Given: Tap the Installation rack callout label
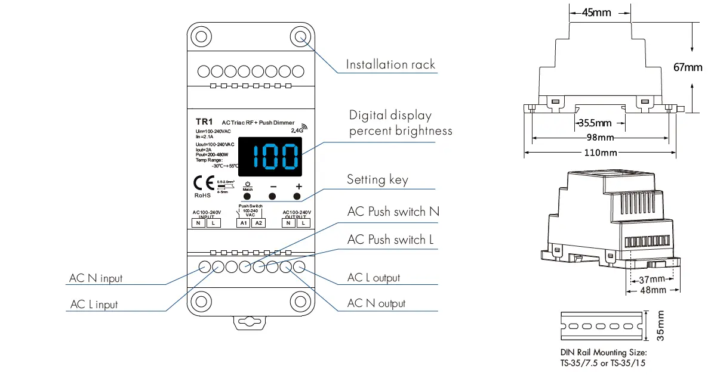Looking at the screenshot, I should pyautogui.click(x=391, y=64).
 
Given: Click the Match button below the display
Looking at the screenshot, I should pyautogui.click(x=247, y=195).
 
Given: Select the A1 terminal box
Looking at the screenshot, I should pyautogui.click(x=243, y=223).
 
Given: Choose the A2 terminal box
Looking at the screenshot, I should pyautogui.click(x=258, y=223).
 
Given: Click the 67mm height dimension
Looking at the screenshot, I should pyautogui.click(x=688, y=67).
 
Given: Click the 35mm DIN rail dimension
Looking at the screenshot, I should pyautogui.click(x=660, y=326).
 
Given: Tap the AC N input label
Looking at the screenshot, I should pyautogui.click(x=96, y=278).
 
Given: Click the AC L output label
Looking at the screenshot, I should pyautogui.click(x=374, y=278).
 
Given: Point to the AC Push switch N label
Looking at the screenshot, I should pyautogui.click(x=394, y=212).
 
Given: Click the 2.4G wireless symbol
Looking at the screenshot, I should pyautogui.click(x=298, y=128).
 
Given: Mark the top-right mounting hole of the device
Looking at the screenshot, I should pyautogui.click(x=300, y=36).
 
